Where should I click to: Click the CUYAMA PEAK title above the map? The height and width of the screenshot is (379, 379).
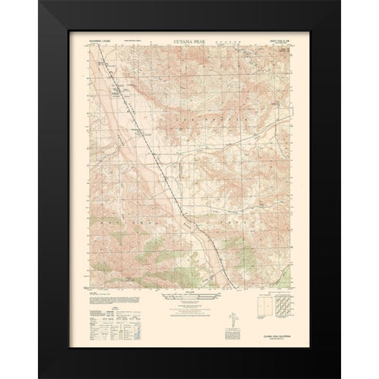pos(189,37)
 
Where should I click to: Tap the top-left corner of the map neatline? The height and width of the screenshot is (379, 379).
pos(89,44)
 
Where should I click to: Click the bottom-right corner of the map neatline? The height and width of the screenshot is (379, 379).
pos(290,288)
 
